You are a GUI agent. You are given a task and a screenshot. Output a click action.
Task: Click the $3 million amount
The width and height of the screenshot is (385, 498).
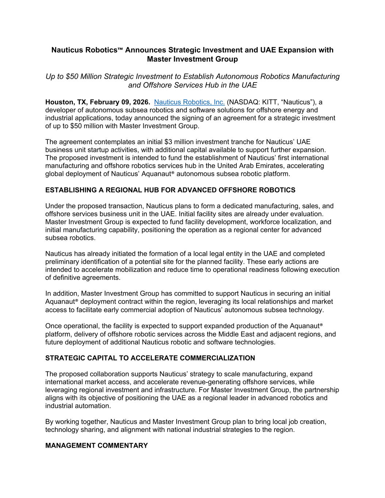(182, 142)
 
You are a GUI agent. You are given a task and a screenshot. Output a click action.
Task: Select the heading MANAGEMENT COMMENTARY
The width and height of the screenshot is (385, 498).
(96, 445)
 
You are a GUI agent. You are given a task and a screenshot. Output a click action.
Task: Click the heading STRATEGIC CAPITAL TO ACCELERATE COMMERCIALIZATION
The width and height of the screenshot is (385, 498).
(150, 358)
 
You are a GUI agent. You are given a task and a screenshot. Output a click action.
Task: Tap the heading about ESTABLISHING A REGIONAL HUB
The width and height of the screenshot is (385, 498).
(170, 190)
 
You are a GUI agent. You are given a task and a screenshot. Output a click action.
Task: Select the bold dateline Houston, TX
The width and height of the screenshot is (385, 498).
(65, 102)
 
